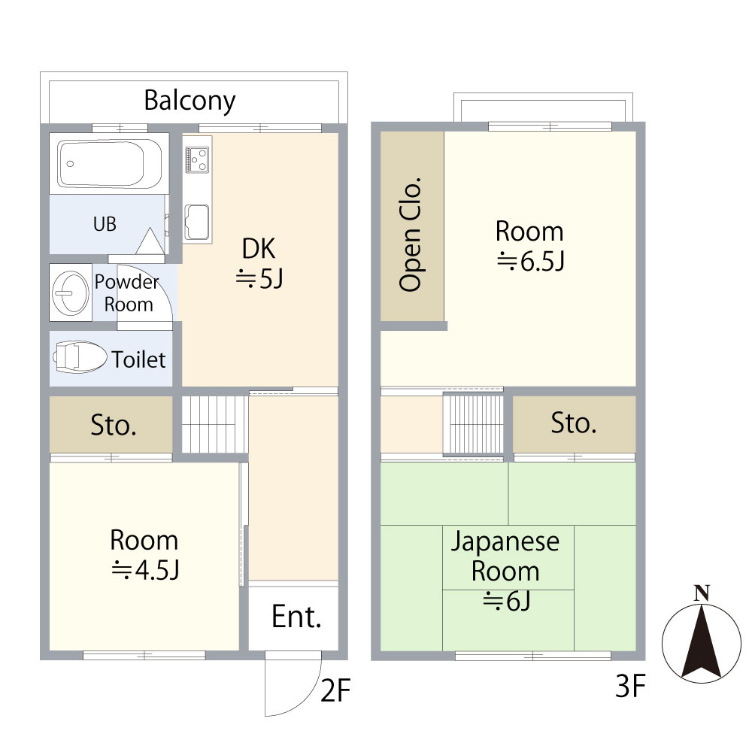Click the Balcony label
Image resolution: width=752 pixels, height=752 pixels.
point(190,102)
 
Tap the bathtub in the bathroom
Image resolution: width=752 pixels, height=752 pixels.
point(109,163)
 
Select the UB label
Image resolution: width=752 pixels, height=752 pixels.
point(105,224)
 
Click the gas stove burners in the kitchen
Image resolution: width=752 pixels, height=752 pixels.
point(197,159)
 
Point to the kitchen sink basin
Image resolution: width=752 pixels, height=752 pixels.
point(197,222)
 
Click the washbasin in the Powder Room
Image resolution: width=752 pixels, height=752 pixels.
point(71,293)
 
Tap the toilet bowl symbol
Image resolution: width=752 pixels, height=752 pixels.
point(80,356)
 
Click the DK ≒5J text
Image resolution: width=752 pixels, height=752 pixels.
point(259,263)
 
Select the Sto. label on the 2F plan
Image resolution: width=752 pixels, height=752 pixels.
point(114,426)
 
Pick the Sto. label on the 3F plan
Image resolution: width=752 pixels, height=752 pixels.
point(574,423)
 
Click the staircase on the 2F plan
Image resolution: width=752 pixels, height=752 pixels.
point(215,424)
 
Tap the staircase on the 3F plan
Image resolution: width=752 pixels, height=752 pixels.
point(473,425)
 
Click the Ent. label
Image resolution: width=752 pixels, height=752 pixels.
point(296,617)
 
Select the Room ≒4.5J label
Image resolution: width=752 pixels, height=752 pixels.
point(144,555)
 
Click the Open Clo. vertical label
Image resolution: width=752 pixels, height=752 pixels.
point(411,235)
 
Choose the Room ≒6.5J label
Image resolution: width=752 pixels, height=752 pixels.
point(530,246)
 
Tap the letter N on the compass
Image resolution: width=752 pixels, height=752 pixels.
point(702,594)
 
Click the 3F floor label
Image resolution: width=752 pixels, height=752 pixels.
point(630,686)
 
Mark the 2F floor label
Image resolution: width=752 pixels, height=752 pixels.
point(335,690)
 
